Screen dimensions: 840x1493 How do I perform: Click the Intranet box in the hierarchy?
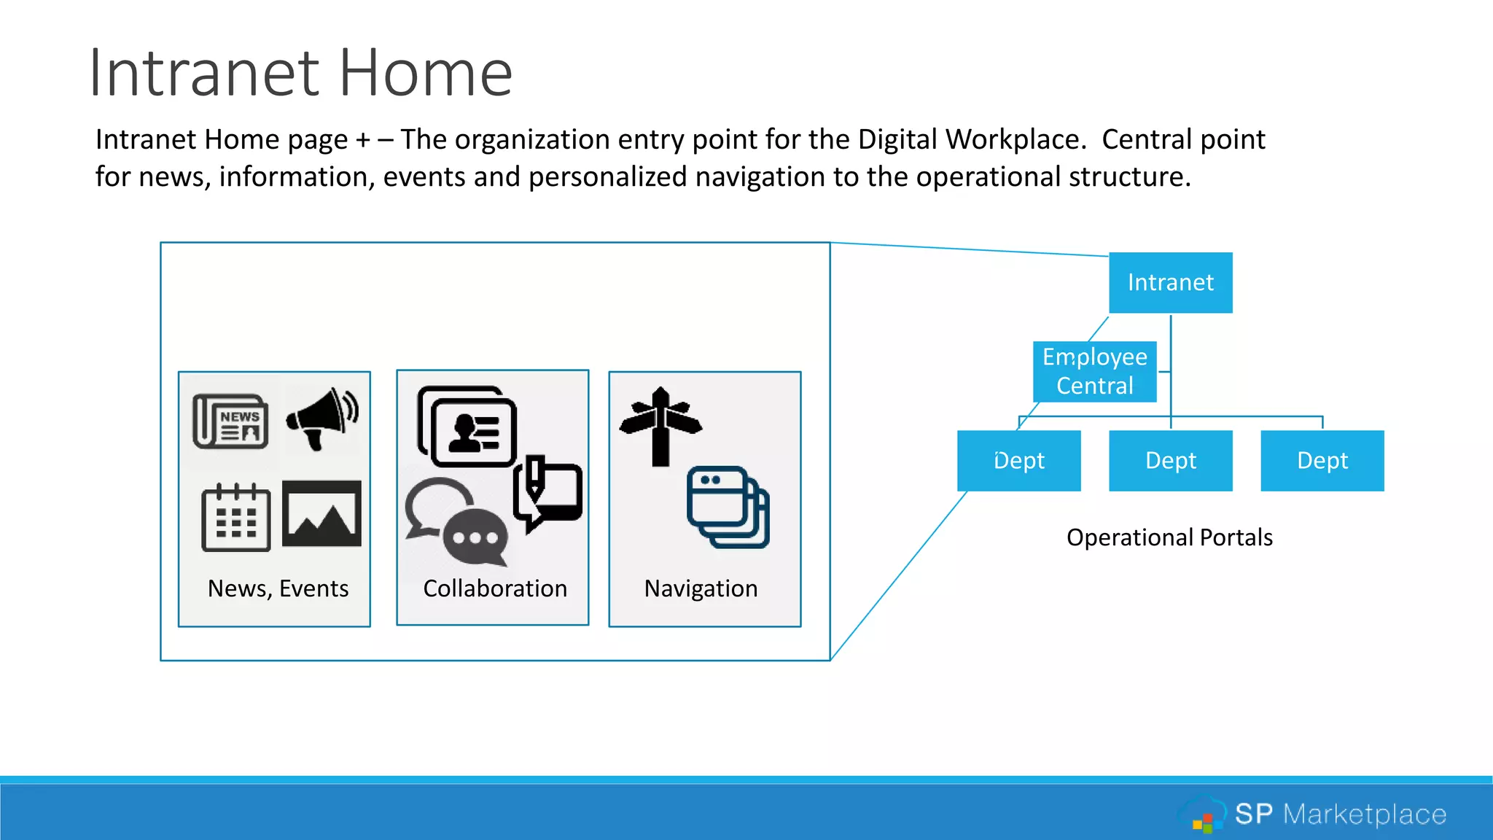click(x=1170, y=283)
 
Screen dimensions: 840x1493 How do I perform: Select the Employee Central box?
click(x=1094, y=371)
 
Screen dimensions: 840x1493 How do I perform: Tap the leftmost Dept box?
click(x=1018, y=461)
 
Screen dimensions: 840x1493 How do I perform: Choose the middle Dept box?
click(x=1170, y=461)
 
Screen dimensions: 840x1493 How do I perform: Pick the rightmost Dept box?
click(x=1322, y=461)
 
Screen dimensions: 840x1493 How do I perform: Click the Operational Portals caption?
click(x=1169, y=537)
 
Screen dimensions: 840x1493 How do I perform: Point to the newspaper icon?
click(x=230, y=421)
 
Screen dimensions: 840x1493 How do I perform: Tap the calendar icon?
click(x=235, y=517)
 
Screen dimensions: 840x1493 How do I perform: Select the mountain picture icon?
click(x=321, y=513)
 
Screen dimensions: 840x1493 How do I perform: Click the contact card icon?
click(x=467, y=427)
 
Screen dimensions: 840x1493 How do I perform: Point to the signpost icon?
click(x=660, y=426)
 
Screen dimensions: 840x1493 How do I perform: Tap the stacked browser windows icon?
click(x=728, y=507)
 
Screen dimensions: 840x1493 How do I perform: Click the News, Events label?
click(x=278, y=588)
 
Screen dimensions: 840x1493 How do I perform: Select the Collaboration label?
click(x=495, y=588)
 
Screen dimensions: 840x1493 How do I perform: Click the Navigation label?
click(x=701, y=588)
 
